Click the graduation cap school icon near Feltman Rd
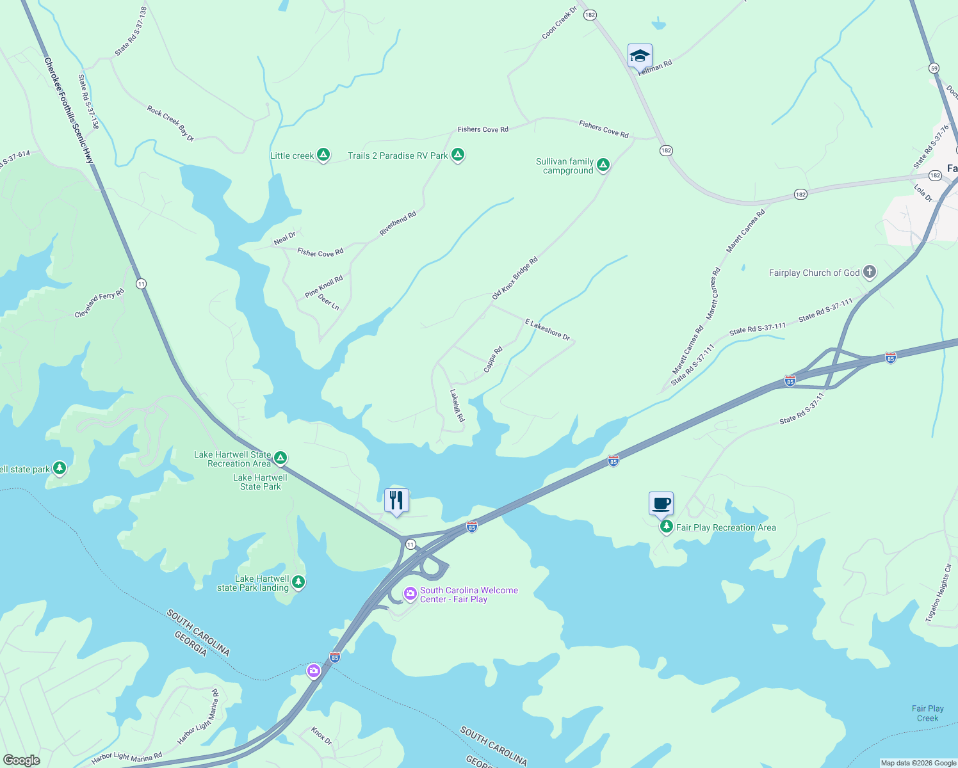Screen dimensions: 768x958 [640, 56]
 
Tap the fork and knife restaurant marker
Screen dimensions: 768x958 [396, 500]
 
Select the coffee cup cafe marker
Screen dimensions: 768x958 [661, 504]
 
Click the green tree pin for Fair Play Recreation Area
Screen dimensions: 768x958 [667, 527]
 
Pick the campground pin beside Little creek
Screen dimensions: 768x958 [324, 155]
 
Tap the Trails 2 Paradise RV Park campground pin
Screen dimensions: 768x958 [457, 155]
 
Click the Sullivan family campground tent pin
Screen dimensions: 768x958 [603, 165]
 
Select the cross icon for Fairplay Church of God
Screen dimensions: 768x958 [869, 272]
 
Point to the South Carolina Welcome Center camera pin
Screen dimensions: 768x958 [410, 594]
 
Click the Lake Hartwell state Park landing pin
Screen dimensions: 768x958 [298, 582]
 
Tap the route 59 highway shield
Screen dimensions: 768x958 [934, 68]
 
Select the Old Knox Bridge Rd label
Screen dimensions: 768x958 [515, 278]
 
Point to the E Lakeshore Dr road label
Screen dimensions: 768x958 [548, 329]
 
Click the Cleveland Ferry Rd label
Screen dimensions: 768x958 [99, 303]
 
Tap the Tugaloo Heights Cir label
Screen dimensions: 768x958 [939, 593]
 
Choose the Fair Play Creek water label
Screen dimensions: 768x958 [927, 713]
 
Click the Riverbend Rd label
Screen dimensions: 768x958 [398, 223]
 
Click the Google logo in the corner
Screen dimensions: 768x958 [22, 760]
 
